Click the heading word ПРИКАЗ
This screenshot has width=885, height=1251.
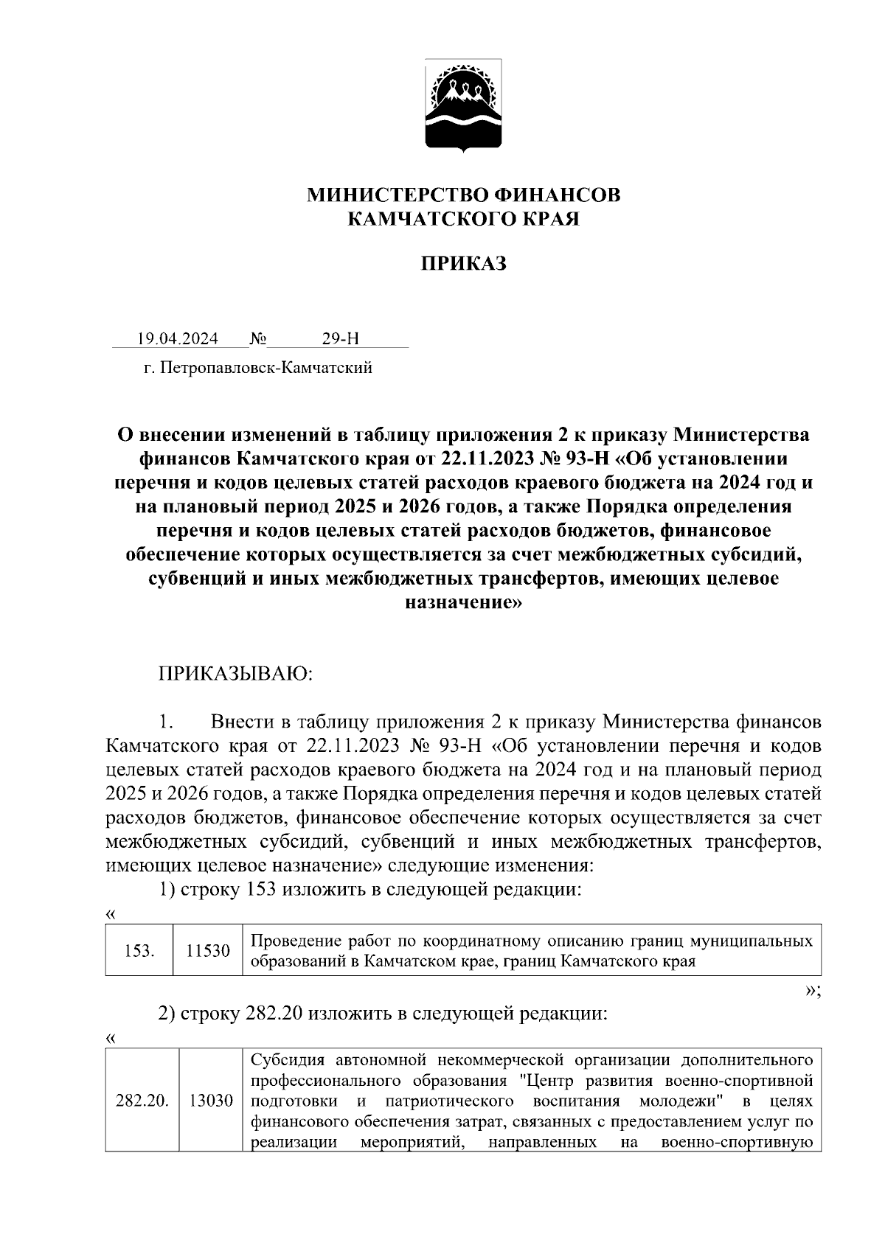[x=464, y=264]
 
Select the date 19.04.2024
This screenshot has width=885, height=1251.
[x=177, y=338]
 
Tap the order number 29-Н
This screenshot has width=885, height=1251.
[x=340, y=338]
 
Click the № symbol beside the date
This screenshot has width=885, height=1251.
[x=258, y=338]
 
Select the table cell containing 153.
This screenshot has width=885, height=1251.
[x=139, y=951]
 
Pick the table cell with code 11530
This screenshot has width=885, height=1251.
[x=207, y=951]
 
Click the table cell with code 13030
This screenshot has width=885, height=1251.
[x=211, y=1101]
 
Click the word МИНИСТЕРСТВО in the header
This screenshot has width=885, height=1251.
[x=396, y=195]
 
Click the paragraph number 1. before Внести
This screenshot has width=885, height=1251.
[x=165, y=722]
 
